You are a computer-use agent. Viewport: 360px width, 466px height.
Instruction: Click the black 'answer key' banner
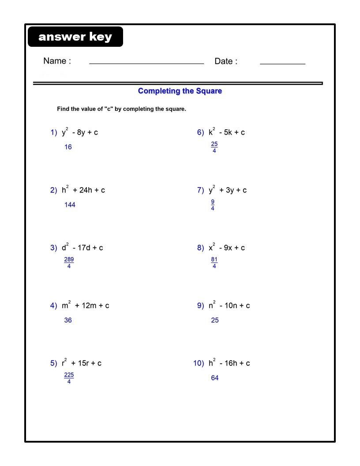pos(75,37)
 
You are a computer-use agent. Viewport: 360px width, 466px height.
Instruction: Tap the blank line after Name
pos(146,63)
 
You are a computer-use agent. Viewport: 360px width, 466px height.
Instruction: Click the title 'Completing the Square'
pos(180,91)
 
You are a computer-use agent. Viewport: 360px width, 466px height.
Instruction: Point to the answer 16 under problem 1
pos(68,147)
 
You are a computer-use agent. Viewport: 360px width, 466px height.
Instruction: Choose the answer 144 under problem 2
pos(70,205)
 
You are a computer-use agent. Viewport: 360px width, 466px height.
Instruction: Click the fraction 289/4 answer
pos(69,263)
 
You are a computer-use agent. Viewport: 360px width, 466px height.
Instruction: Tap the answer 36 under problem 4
pos(68,320)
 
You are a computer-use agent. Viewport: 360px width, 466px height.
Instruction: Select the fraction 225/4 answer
pos(69,378)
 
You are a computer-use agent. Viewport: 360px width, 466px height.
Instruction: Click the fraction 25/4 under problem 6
pos(214,147)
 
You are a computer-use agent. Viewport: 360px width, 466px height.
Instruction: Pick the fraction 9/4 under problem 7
pos(213,205)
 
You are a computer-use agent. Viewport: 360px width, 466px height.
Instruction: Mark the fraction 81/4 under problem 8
pos(214,263)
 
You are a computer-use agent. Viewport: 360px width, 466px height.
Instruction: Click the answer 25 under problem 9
pos(215,320)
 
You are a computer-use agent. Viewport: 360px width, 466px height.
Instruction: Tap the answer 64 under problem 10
pos(215,378)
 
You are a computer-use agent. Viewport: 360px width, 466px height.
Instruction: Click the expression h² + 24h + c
pos(83,190)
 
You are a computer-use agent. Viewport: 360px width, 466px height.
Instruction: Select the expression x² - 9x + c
pos(227,248)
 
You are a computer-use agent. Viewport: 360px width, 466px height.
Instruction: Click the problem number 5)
pos(53,363)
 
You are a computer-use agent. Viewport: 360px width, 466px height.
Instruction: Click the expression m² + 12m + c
pos(86,305)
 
